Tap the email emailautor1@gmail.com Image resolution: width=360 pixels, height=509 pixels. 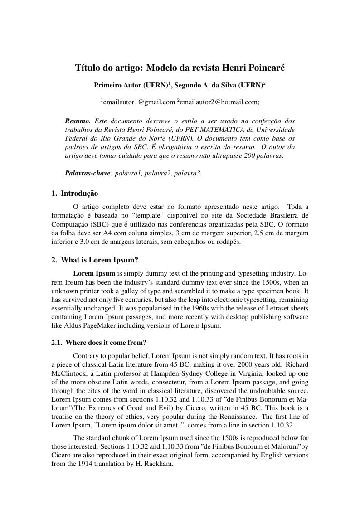[139, 102]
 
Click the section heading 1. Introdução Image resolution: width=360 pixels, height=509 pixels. [75, 194]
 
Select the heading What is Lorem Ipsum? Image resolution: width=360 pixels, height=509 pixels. [99, 260]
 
